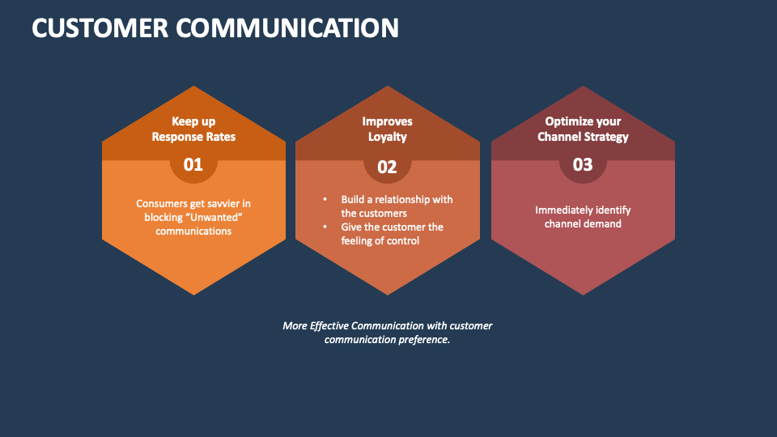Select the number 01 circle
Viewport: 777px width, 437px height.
(x=193, y=165)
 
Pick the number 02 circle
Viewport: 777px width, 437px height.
(x=388, y=167)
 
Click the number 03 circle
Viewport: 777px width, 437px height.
(x=583, y=165)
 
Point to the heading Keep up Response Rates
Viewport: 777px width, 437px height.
(x=193, y=129)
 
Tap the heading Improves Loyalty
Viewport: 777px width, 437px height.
(x=388, y=129)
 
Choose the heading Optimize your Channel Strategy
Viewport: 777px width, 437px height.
(x=583, y=129)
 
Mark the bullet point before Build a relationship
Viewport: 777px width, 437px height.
(x=325, y=199)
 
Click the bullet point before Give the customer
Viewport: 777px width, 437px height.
(x=325, y=227)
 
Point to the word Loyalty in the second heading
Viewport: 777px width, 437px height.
(x=388, y=137)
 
